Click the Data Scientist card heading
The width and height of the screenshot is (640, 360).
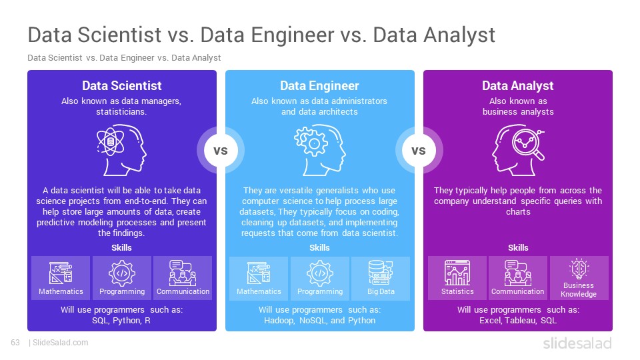coord(121,86)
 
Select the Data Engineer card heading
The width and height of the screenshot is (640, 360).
coord(319,86)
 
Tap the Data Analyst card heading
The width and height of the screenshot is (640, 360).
coord(517,86)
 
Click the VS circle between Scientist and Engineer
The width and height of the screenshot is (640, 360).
coord(221,151)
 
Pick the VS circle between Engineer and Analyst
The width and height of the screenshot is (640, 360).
coord(419,151)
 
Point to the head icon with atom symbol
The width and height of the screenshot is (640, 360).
coord(121,150)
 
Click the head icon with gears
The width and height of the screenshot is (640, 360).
coord(319,150)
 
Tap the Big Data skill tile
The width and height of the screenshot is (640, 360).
coord(381,279)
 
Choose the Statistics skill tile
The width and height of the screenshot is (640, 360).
coord(457,279)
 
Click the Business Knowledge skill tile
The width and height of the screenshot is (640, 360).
coord(579,279)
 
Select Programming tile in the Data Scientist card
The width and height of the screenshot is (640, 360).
coord(122,279)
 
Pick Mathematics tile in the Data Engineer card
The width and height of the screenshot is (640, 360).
coord(259,279)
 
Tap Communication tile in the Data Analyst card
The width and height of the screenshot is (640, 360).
coord(517,279)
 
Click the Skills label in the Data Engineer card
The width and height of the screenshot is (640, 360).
coord(319,248)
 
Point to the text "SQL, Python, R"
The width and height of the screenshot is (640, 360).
coord(121,321)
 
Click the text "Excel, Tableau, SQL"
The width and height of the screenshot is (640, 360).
coord(518,321)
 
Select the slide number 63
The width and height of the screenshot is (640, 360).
coord(15,343)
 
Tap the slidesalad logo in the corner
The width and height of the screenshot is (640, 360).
coord(577,343)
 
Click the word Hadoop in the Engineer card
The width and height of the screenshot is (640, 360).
coord(279,321)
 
